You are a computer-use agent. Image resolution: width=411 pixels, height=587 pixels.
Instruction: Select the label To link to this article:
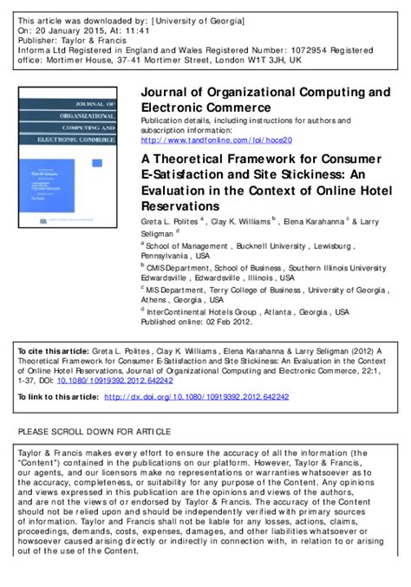(x=57, y=397)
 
